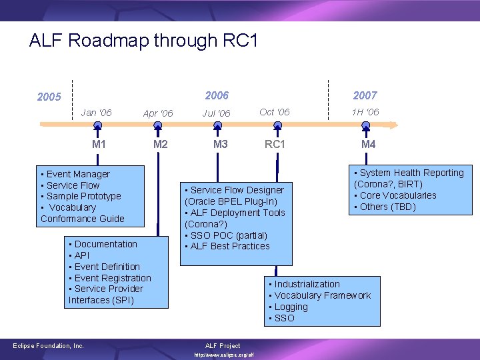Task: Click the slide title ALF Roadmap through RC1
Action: click(x=143, y=41)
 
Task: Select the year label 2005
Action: click(x=49, y=97)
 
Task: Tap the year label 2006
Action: click(x=217, y=95)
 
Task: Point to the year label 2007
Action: click(x=365, y=95)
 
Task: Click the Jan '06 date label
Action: click(x=96, y=112)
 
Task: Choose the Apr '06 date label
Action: click(x=158, y=113)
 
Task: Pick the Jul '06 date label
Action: click(x=217, y=113)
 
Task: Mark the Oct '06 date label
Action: click(x=275, y=112)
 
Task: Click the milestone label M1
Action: click(x=99, y=145)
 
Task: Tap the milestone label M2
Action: click(x=160, y=145)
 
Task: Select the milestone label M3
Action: click(x=220, y=145)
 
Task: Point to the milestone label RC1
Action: click(x=275, y=145)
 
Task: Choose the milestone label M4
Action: click(x=368, y=145)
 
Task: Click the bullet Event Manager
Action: click(x=77, y=174)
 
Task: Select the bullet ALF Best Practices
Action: click(x=229, y=246)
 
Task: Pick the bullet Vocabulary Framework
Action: click(x=322, y=295)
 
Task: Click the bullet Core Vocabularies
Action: click(x=397, y=195)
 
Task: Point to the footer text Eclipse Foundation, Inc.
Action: click(x=49, y=345)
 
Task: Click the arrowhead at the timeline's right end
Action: click(x=393, y=124)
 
